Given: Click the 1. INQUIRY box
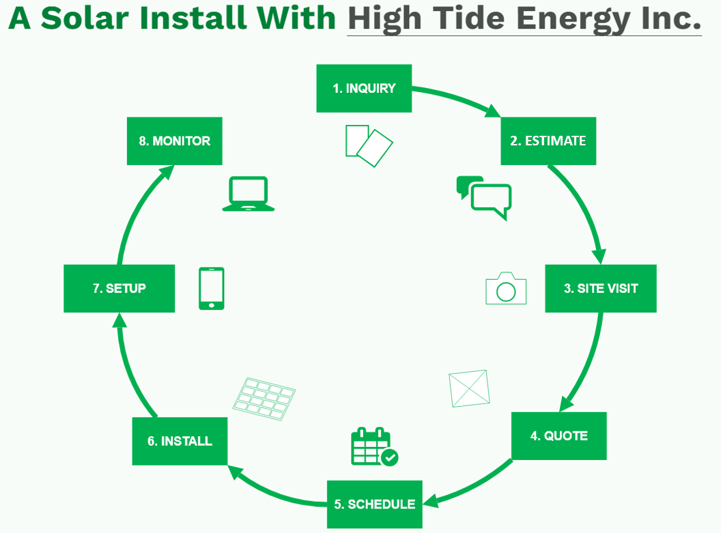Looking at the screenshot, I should [364, 88].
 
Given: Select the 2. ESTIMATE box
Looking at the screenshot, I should [548, 141].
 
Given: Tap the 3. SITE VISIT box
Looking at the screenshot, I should [601, 289].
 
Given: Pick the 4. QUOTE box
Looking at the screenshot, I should [559, 436].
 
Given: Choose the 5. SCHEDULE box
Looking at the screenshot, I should [375, 504].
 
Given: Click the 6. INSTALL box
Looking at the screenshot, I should [180, 442].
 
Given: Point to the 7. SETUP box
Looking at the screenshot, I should [119, 289].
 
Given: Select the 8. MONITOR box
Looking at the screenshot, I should [175, 141].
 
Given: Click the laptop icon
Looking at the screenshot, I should [249, 194].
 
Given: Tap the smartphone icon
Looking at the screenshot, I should [212, 289].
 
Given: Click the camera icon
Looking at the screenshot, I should [506, 289].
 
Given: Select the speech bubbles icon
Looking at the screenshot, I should [484, 197].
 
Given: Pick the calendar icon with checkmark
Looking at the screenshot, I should [373, 447].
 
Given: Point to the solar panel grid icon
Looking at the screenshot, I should [264, 399].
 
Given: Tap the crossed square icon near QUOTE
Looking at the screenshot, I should [470, 388].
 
